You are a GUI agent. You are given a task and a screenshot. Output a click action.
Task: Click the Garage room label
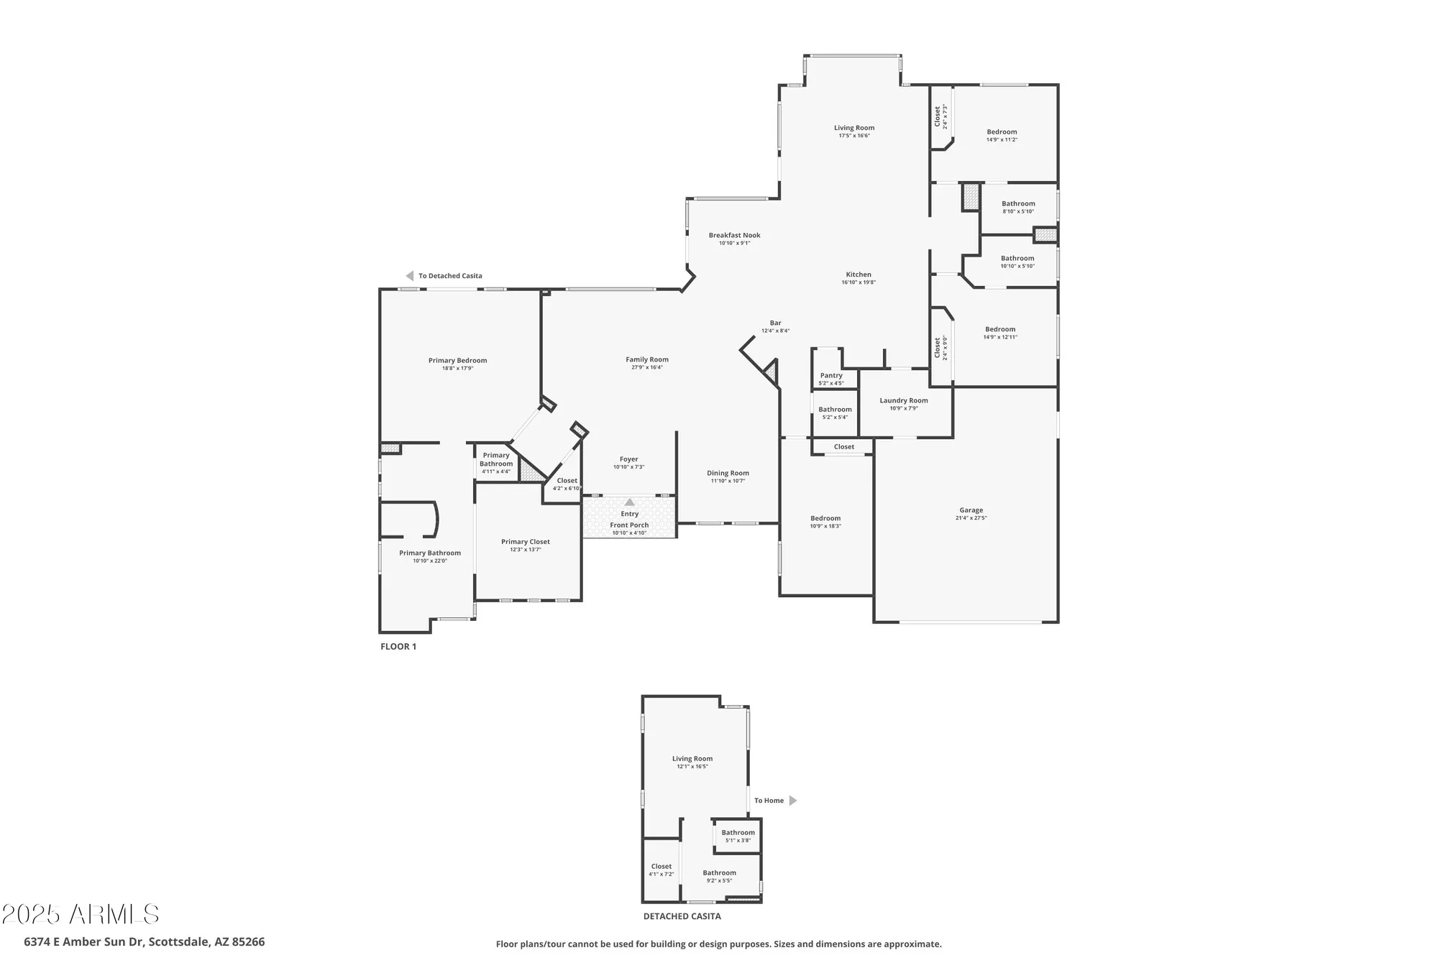[x=971, y=510]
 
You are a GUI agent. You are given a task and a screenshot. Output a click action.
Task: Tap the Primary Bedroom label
[x=457, y=361]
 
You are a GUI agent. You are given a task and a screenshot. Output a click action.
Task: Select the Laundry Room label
[x=904, y=400]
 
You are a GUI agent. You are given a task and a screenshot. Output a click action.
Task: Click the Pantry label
[x=831, y=375]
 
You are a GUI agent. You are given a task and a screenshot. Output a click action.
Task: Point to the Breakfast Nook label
[x=734, y=235]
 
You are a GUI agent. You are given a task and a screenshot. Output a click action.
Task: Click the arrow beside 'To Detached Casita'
[x=410, y=276]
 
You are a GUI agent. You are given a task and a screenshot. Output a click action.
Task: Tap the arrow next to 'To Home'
[x=793, y=801]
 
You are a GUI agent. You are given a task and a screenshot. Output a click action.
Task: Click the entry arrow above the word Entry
[x=629, y=502]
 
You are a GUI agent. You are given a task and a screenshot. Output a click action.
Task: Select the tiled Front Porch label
[x=629, y=525]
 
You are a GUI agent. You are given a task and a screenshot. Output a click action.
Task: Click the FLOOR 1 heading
[x=398, y=647]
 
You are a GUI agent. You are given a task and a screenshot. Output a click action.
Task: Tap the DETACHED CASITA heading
[x=682, y=916]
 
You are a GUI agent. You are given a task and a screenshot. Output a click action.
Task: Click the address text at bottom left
[x=144, y=941]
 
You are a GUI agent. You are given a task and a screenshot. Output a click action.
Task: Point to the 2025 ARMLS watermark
[x=80, y=914]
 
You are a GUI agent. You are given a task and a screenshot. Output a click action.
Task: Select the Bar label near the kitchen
[x=775, y=323]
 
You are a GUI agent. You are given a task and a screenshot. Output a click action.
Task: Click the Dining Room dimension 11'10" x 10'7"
[x=728, y=481]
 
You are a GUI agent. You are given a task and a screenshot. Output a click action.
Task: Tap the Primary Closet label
[x=525, y=542]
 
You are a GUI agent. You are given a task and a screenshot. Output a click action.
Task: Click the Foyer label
[x=628, y=459]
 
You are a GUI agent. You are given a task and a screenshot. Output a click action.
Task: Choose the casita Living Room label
[x=692, y=758]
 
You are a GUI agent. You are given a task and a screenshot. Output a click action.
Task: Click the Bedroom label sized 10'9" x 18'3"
[x=825, y=518]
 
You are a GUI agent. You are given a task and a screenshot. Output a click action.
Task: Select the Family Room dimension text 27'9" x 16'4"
[x=647, y=367]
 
